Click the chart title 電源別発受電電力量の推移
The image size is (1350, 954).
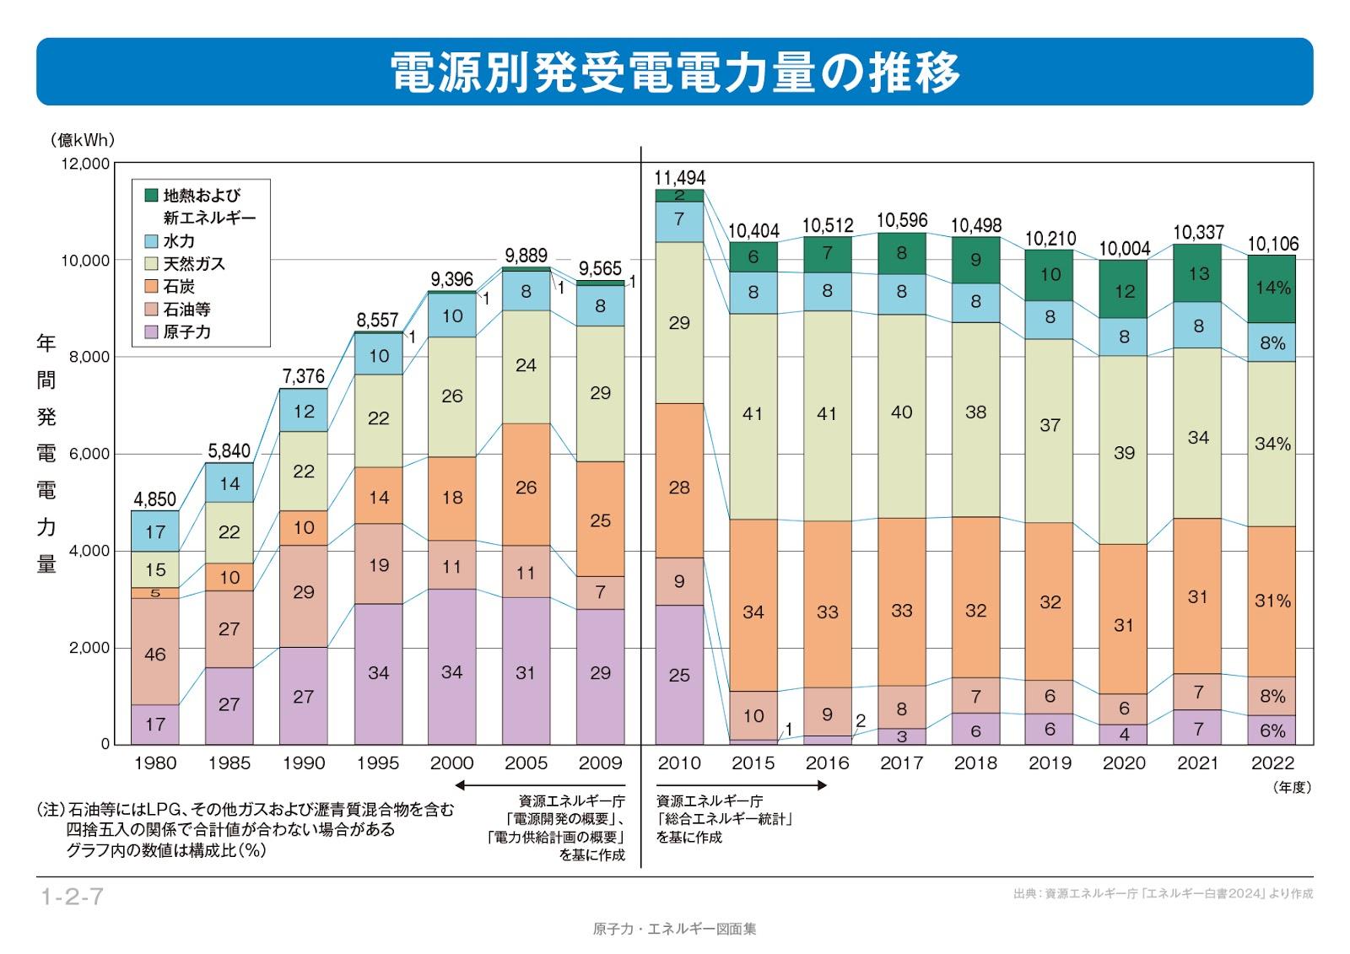click(675, 72)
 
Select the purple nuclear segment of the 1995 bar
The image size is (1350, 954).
click(378, 673)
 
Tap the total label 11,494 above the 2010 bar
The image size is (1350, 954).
click(679, 178)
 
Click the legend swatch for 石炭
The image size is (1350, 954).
click(152, 287)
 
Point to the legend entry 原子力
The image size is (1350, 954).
click(186, 332)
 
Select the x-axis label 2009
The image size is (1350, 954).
click(600, 763)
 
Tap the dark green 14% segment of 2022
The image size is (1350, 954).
click(1272, 288)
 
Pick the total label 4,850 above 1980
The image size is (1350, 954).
click(155, 499)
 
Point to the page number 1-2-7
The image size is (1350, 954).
click(72, 897)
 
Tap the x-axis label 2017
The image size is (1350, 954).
click(901, 763)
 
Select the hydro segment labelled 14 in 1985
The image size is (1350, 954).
click(229, 483)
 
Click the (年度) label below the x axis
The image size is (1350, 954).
click(1291, 787)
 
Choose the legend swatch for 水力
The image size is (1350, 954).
click(152, 241)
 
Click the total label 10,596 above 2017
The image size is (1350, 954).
click(901, 220)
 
